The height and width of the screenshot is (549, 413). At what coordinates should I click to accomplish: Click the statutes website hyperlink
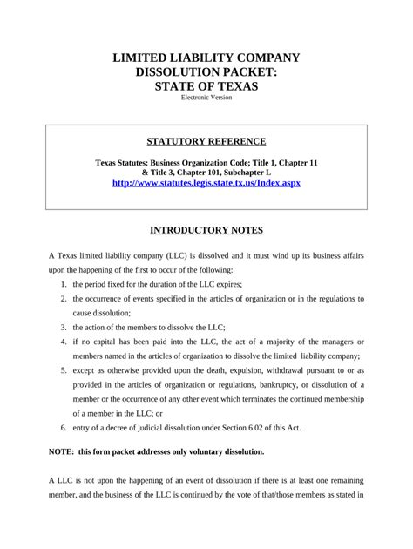pyautogui.click(x=206, y=184)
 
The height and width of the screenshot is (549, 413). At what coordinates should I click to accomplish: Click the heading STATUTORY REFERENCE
pyautogui.click(x=206, y=141)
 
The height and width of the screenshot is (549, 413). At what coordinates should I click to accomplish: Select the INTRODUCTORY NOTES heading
pyautogui.click(x=206, y=231)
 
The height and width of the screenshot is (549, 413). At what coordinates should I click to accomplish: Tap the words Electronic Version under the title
pyautogui.click(x=206, y=98)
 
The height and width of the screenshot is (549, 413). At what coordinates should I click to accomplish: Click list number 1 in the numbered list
pyautogui.click(x=64, y=285)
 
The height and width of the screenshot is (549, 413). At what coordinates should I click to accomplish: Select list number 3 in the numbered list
pyautogui.click(x=64, y=327)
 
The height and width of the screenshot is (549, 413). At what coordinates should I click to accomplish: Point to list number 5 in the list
pyautogui.click(x=64, y=369)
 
